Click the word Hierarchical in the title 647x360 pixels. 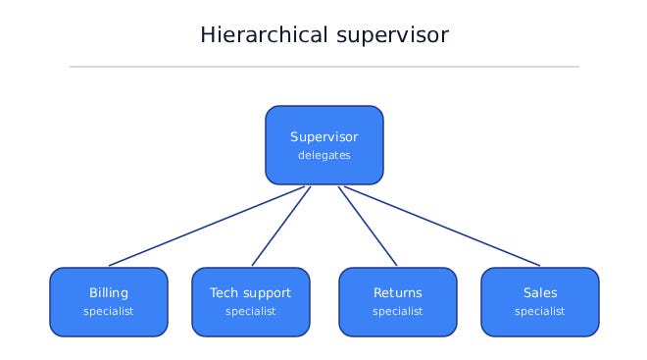pos(264,34)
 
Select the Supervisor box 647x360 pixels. pos(324,145)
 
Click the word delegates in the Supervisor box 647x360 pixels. pos(324,155)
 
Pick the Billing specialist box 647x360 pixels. pos(109,302)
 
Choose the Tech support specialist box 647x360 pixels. pos(251,302)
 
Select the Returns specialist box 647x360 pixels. pos(398,302)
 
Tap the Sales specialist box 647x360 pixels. pos(540,302)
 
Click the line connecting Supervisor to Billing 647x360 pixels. pos(207,227)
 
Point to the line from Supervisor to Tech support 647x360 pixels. pos(281,227)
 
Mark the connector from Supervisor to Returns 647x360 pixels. pos(368,227)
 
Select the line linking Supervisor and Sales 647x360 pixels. pos(442,227)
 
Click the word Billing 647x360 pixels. pos(109,293)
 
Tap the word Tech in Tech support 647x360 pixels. pos(224,292)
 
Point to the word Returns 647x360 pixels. pos(398,292)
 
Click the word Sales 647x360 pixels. pos(540,292)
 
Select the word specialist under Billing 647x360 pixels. pos(109,311)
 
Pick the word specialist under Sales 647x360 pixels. pos(540,311)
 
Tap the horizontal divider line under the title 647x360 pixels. pos(324,67)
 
